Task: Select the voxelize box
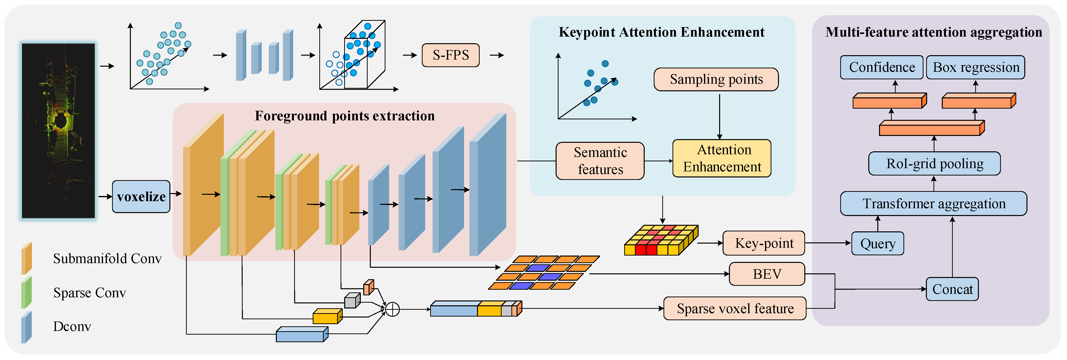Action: pyautogui.click(x=141, y=196)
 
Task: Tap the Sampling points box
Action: pyautogui.click(x=716, y=79)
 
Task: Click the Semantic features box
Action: pyautogui.click(x=600, y=161)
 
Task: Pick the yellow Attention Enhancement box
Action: pyautogui.click(x=722, y=158)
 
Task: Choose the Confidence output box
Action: pyautogui.click(x=882, y=67)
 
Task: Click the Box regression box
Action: pyautogui.click(x=975, y=67)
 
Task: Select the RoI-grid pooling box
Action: pyautogui.click(x=934, y=164)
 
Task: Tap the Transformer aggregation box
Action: pyautogui.click(x=934, y=203)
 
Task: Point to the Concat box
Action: pyautogui.click(x=952, y=289)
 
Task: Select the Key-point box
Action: pyautogui.click(x=764, y=243)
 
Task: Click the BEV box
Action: pyautogui.click(x=767, y=274)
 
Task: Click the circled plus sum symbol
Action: pyautogui.click(x=392, y=309)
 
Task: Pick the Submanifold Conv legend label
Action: pyautogui.click(x=107, y=258)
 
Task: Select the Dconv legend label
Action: pyautogui.click(x=72, y=327)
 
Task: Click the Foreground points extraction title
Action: pyautogui.click(x=345, y=116)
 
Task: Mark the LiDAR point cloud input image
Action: pyautogui.click(x=58, y=131)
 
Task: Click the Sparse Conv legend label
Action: pyautogui.click(x=90, y=293)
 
